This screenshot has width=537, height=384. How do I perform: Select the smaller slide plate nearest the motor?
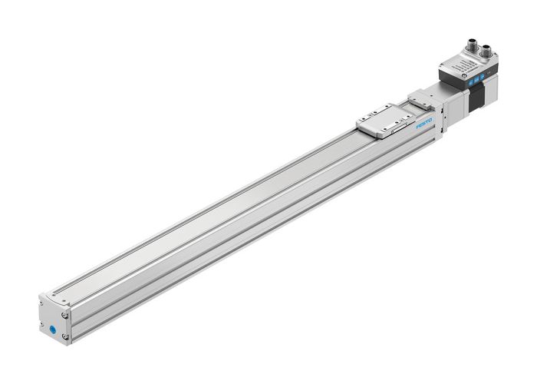click(421, 99)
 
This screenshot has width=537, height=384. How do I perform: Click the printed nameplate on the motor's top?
click(464, 65)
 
